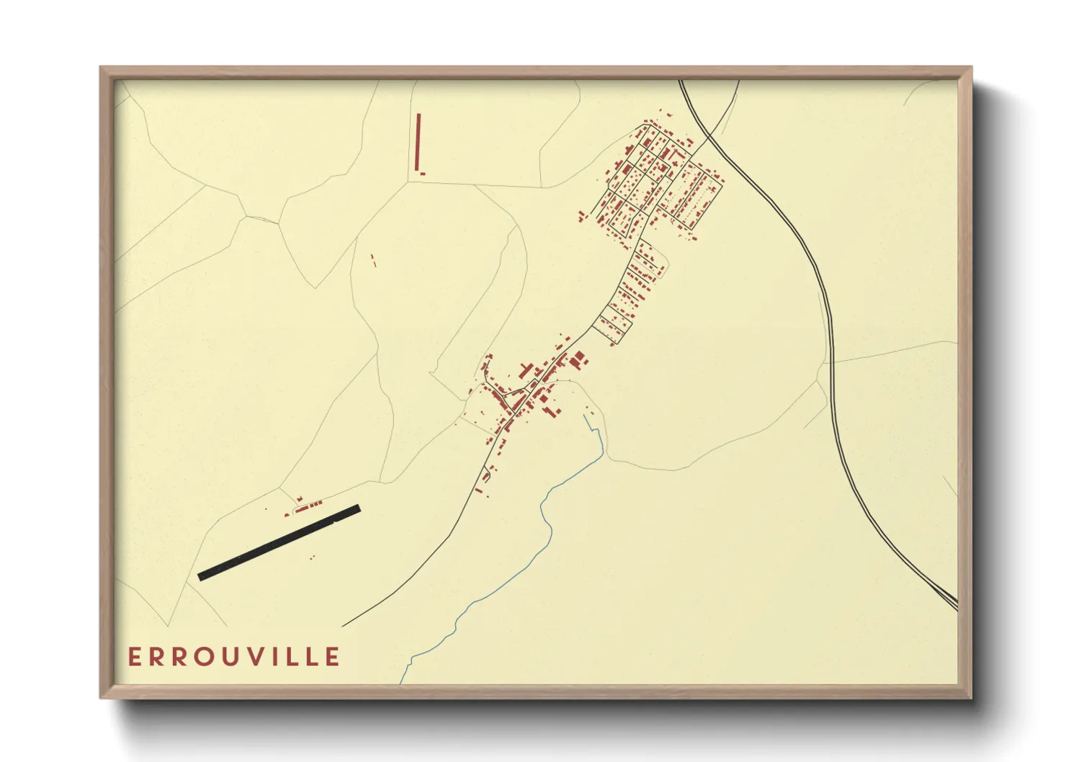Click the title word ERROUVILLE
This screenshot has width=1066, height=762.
[x=234, y=657]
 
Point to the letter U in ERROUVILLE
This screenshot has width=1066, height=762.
[x=228, y=657]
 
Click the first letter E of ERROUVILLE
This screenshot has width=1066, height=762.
[x=134, y=657]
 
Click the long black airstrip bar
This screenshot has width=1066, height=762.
[x=279, y=542]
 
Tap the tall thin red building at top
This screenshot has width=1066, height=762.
[x=418, y=141]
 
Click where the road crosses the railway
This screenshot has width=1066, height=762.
[x=704, y=135]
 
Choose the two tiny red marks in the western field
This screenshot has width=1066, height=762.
[x=373, y=261]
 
